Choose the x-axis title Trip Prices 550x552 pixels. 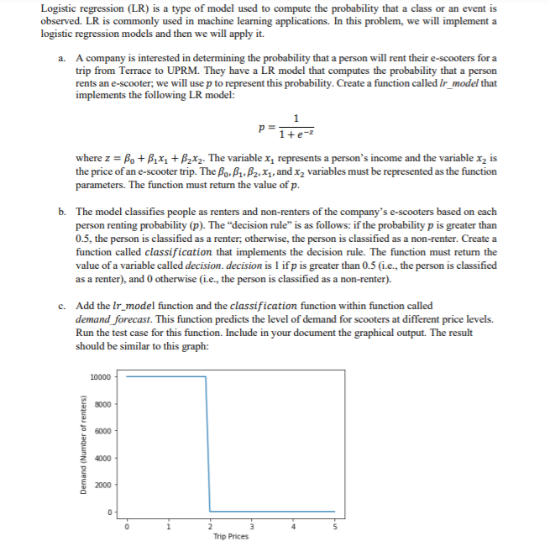(x=231, y=536)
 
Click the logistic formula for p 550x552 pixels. (x=286, y=128)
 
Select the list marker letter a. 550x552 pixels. (x=62, y=57)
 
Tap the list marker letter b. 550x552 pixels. (x=62, y=213)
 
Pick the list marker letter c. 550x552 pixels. (x=62, y=306)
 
